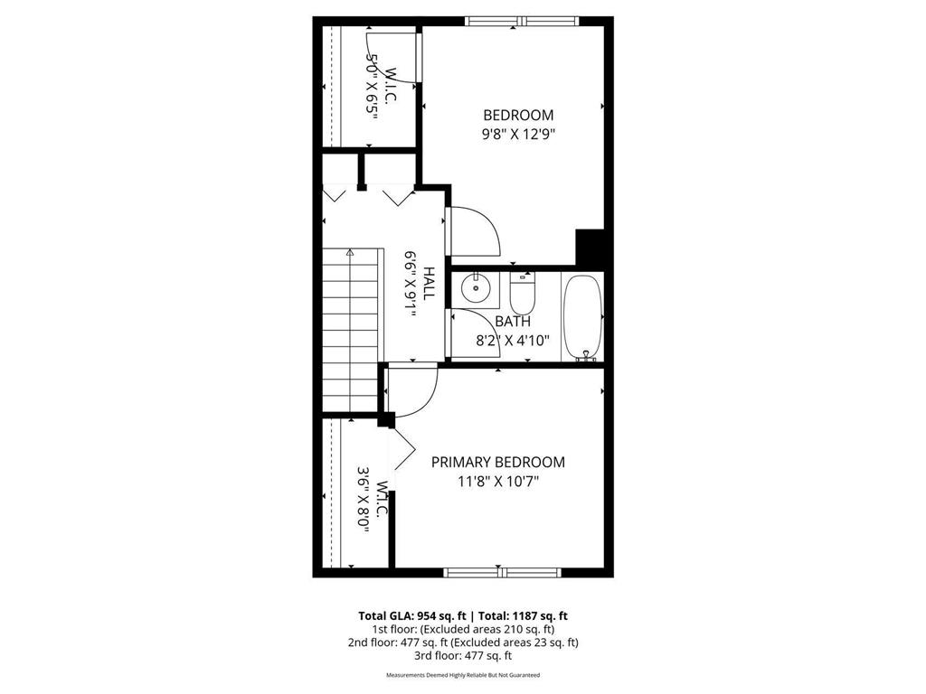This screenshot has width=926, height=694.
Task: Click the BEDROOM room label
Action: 518,116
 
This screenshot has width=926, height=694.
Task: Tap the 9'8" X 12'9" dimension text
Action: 518,135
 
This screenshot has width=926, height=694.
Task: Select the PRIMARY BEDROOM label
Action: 497,463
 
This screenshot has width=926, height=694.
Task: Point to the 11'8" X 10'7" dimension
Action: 497,482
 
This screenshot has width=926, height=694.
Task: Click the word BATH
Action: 513,322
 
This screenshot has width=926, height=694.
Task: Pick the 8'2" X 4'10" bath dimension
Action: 513,342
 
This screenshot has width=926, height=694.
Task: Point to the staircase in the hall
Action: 350,330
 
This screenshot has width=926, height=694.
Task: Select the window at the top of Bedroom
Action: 520,21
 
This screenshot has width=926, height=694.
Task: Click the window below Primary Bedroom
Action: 502,572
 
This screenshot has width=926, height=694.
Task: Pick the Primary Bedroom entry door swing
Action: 413,390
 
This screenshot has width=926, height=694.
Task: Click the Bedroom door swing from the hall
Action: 475,232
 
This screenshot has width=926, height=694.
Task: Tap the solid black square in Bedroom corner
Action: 590,247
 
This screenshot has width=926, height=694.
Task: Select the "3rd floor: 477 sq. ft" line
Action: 462,656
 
